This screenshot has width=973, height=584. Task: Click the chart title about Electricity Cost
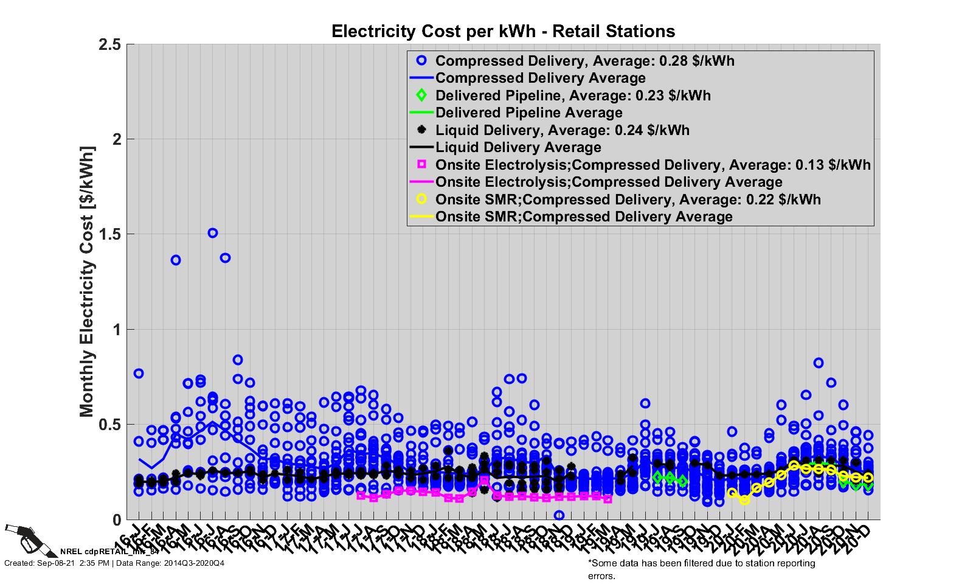[503, 31]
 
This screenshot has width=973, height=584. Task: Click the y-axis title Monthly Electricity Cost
[87, 282]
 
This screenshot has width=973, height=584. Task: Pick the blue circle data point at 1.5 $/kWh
[213, 233]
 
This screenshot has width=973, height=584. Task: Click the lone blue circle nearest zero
[559, 515]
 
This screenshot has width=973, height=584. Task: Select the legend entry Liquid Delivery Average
[518, 147]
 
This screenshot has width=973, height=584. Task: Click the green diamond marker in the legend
[422, 96]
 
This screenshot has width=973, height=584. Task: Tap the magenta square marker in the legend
[422, 165]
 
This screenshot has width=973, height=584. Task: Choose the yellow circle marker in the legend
[422, 199]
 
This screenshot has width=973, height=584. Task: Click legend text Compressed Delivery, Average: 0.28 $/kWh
[584, 61]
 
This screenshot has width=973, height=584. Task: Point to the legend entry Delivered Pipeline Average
[528, 113]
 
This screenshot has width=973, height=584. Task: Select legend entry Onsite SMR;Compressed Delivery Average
[584, 217]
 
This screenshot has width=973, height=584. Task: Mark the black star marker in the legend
[422, 130]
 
